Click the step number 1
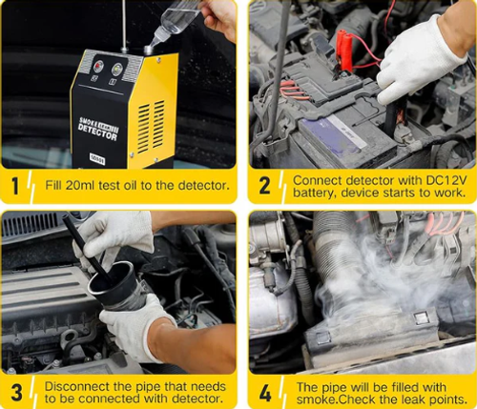point(16,184)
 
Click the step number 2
point(264,184)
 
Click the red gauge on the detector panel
point(97,67)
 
